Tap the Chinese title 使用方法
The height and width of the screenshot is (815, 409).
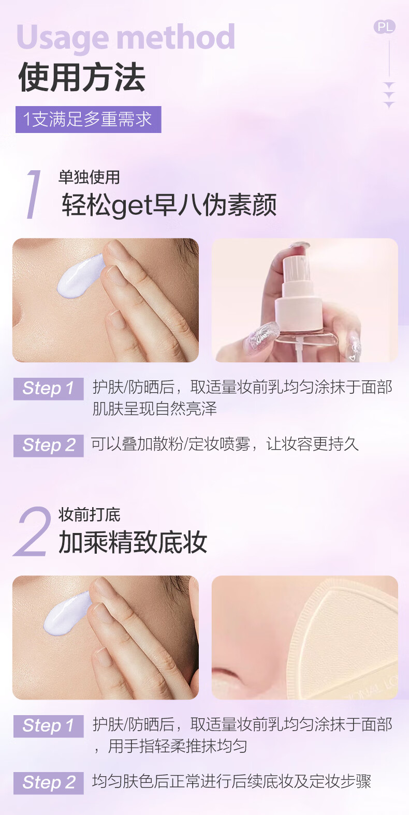click(82, 77)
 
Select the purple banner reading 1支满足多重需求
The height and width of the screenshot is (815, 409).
click(89, 120)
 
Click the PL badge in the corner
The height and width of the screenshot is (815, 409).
click(385, 26)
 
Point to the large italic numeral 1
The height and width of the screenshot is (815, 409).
click(34, 194)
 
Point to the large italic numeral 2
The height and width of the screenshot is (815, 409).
click(32, 531)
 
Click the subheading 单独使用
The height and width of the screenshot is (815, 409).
click(89, 177)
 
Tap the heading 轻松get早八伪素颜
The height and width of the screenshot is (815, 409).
click(169, 205)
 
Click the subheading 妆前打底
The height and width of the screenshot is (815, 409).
click(89, 514)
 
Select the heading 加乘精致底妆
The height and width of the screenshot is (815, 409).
click(133, 542)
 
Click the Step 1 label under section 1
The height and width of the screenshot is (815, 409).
click(48, 389)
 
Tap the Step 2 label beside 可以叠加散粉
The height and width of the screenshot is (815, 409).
click(48, 446)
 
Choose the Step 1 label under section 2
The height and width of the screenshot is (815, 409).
click(48, 726)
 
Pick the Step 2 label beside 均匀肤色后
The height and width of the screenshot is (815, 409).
click(48, 782)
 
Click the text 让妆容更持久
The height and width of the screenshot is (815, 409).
click(312, 444)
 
